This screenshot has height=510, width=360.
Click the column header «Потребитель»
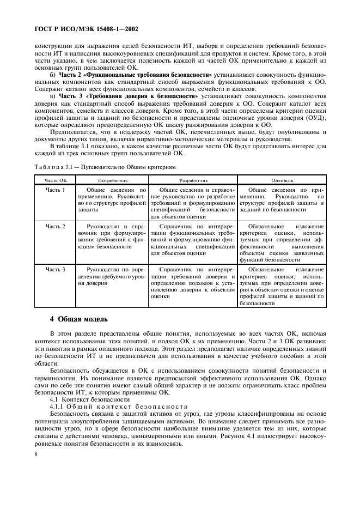[113, 179]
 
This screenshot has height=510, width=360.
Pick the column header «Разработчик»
[194, 179]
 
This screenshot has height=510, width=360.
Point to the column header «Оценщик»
[282, 179]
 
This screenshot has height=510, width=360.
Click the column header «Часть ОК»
[56, 179]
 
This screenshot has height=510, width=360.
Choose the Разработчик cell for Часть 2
[194, 240]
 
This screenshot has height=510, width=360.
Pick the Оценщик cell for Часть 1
[282, 199]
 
